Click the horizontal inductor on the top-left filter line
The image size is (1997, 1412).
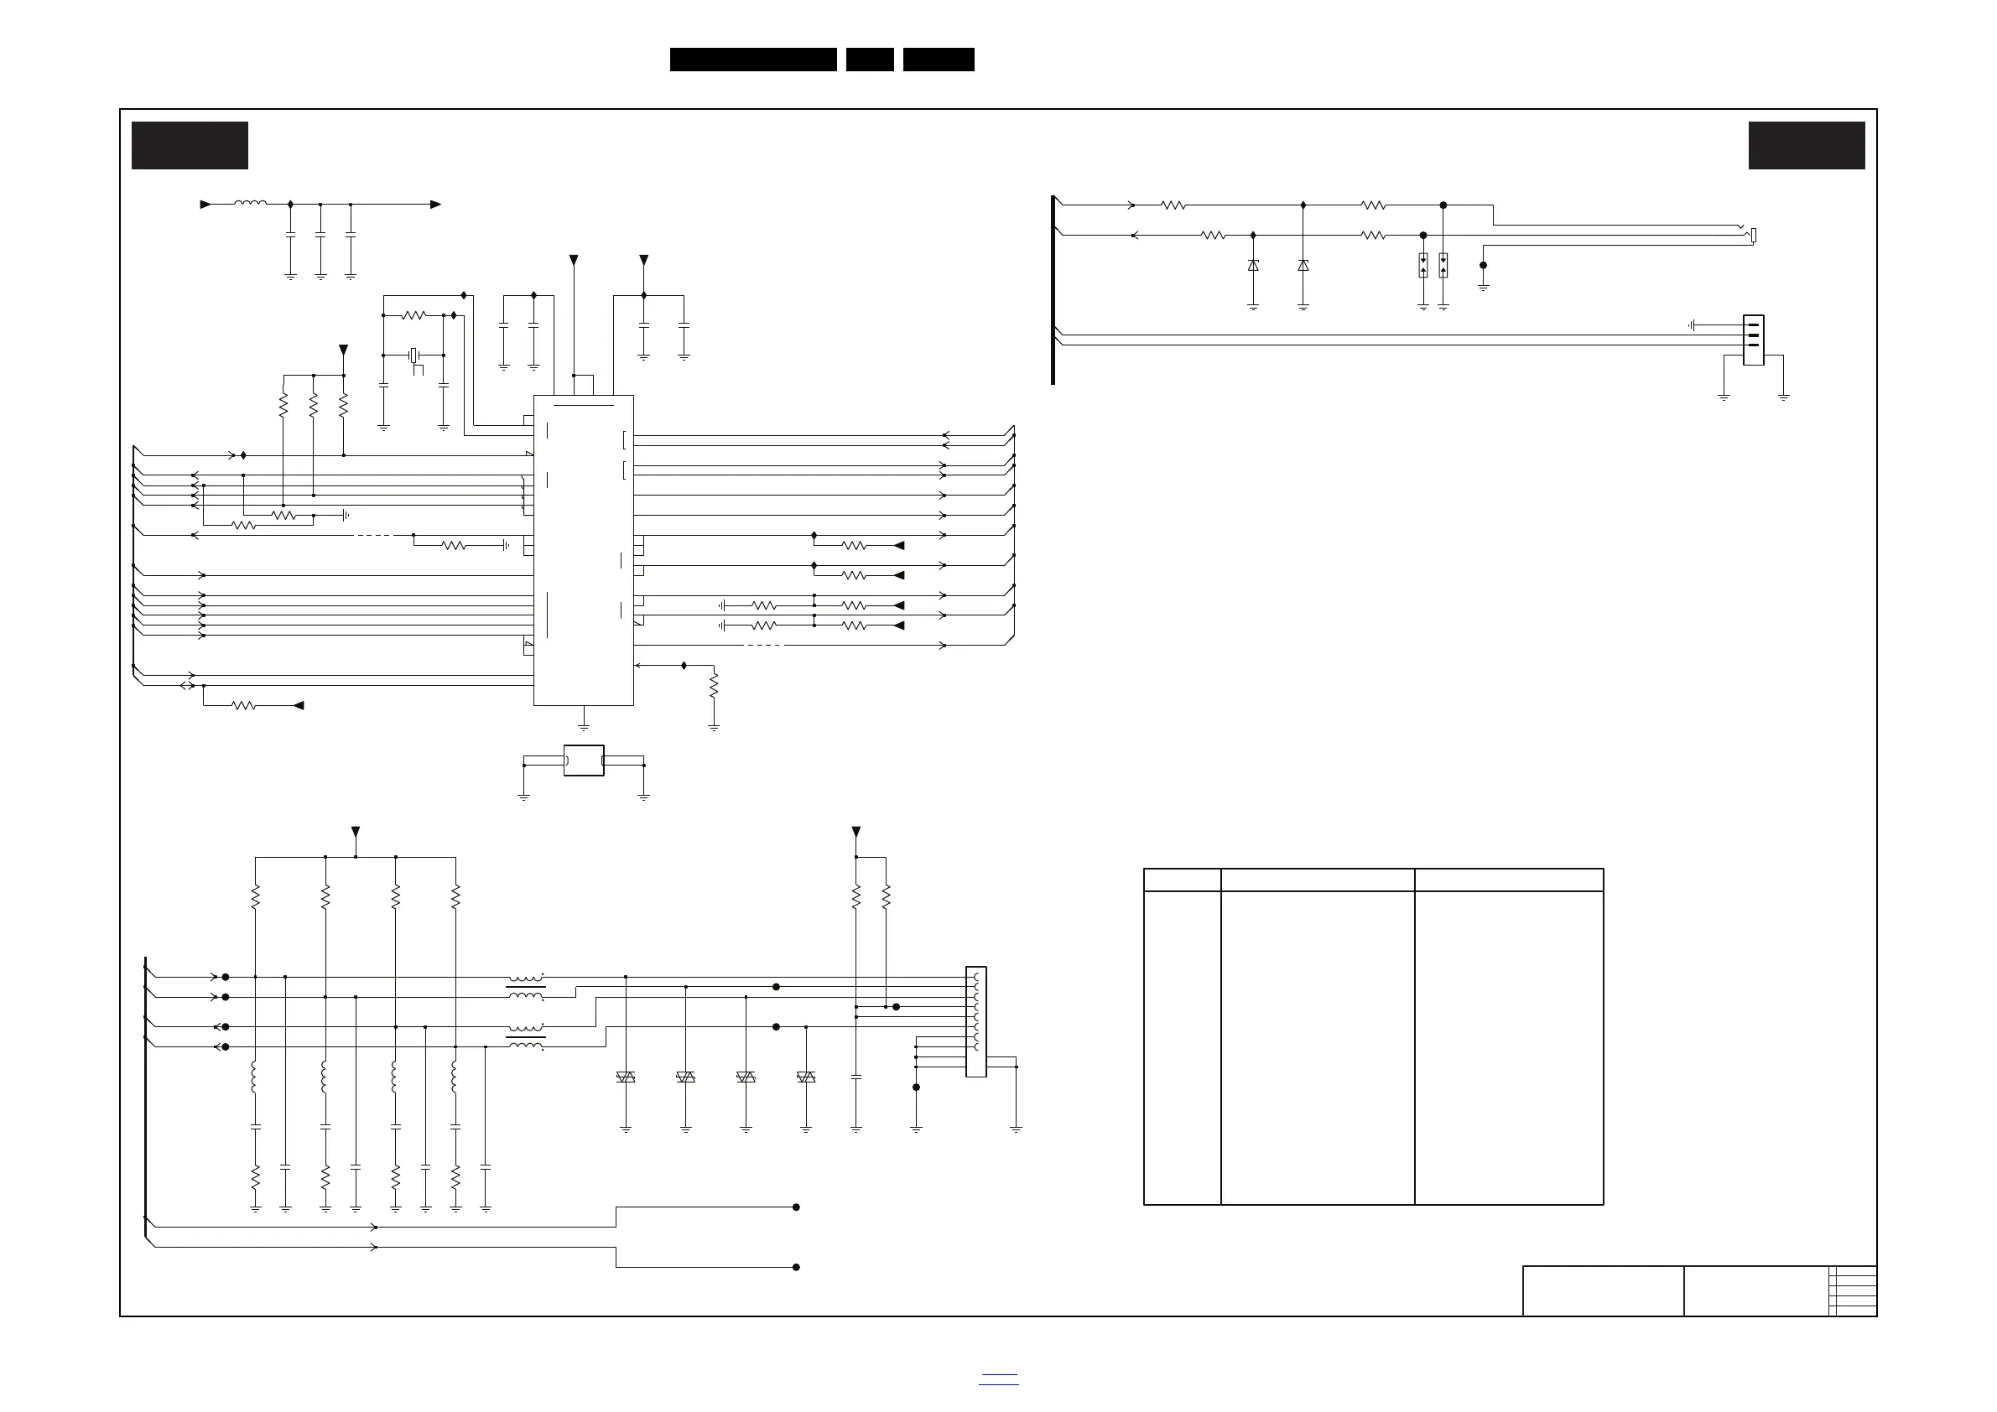(x=251, y=204)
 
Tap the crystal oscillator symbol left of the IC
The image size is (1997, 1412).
(x=415, y=355)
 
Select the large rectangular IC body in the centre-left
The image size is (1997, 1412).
(x=583, y=549)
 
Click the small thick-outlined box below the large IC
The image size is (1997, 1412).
(x=584, y=760)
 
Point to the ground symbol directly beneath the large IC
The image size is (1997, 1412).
(x=584, y=725)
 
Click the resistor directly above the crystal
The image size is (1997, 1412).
(x=414, y=314)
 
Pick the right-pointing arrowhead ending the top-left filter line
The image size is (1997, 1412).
(x=436, y=205)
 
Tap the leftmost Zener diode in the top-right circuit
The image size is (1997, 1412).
(x=1252, y=265)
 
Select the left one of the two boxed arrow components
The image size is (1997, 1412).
(x=1423, y=264)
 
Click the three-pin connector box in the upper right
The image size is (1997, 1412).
(x=1754, y=340)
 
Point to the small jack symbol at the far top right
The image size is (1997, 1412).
(x=1754, y=235)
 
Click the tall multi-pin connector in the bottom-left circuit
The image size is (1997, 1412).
(x=976, y=1020)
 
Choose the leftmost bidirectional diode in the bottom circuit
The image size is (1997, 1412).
(x=626, y=1077)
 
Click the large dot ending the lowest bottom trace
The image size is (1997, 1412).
(x=796, y=1267)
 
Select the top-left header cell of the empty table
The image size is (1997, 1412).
(x=1181, y=879)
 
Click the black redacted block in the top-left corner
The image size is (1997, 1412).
(x=190, y=145)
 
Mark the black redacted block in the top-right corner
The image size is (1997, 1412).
(x=1807, y=145)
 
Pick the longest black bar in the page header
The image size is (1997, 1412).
(x=753, y=60)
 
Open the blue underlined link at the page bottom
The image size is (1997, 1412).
(x=998, y=1378)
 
